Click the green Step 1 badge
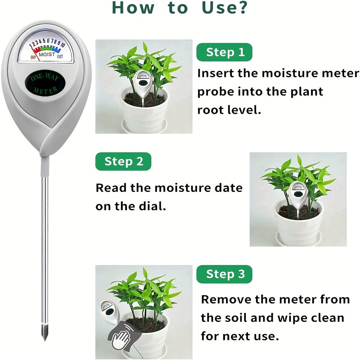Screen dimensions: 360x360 (224, 53)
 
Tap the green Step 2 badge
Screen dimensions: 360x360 (123, 162)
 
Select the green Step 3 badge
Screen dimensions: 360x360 (225, 275)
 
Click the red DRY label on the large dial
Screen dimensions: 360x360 (33, 57)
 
